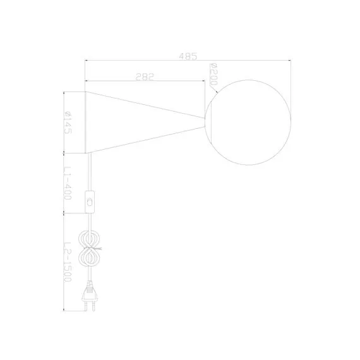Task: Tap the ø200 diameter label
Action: click(213, 75)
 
